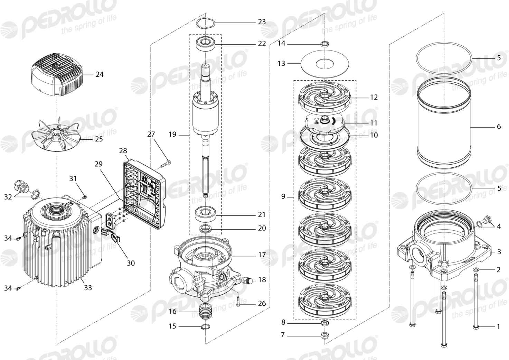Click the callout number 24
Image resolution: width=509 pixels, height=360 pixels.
pos(100,74)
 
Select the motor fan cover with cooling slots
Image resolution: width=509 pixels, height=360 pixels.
pos(57,75)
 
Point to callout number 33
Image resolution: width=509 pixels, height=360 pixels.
pos(88,288)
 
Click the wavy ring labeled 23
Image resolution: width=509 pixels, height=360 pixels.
pos(205,23)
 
